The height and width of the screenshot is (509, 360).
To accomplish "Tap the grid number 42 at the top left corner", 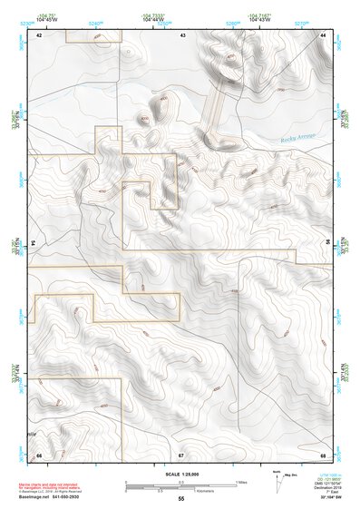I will point(39,34).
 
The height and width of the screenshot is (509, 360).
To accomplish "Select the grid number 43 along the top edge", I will point(183,34).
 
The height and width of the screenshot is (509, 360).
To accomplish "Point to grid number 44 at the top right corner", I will point(324,34).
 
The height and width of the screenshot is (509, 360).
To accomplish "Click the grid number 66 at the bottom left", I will point(39,454).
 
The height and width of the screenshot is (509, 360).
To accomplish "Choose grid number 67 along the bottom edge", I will point(181,454).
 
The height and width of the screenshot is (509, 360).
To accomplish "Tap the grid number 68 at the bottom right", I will point(323,454).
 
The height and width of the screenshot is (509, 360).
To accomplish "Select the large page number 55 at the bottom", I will point(180,499).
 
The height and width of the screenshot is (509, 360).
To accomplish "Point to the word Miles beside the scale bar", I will point(241,481).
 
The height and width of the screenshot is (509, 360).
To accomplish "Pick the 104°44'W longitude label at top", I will point(152,19).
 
